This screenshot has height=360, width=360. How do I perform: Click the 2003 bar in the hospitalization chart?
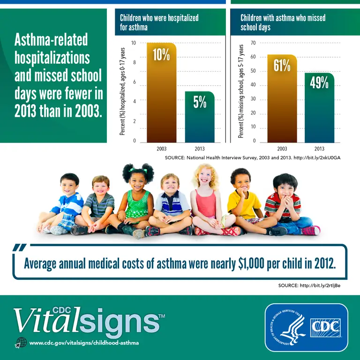(x=161, y=94)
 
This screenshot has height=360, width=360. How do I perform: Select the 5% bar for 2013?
(x=200, y=117)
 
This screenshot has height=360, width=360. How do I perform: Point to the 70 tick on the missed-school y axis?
(x=253, y=43)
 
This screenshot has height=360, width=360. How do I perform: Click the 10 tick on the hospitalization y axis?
(x=134, y=43)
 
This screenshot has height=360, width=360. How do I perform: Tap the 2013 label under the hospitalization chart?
(x=200, y=149)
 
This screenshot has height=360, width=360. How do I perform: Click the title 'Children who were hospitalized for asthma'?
(x=159, y=22)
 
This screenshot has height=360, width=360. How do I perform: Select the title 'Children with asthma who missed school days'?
(x=283, y=22)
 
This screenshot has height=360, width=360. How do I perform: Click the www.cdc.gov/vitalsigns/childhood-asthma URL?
(x=84, y=343)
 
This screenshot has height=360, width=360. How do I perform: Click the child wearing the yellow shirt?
(x=244, y=202)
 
